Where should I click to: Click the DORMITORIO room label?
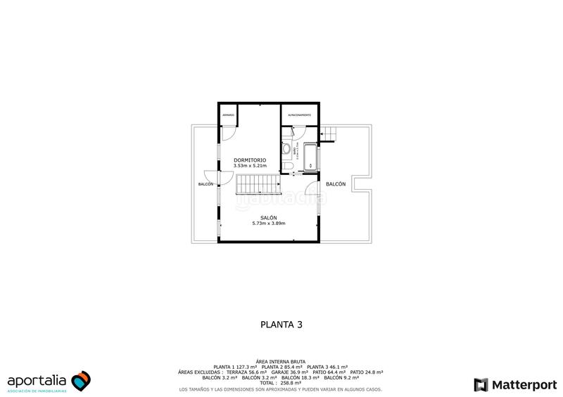coord(250,160)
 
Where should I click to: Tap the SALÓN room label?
coord(268,217)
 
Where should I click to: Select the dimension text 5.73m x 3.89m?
coord(268,223)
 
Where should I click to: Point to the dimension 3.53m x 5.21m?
coord(250,166)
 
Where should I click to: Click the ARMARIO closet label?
coord(228,114)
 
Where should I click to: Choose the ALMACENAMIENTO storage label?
coord(299,114)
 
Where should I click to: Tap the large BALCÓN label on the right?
coord(336,184)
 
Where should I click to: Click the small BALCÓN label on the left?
coord(205,184)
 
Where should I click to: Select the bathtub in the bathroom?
coord(310,157)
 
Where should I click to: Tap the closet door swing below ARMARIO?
coord(228,134)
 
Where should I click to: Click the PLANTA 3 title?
coord(281,325)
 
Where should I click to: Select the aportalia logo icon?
coord(81,381)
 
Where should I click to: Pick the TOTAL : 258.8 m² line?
coord(281,383)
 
